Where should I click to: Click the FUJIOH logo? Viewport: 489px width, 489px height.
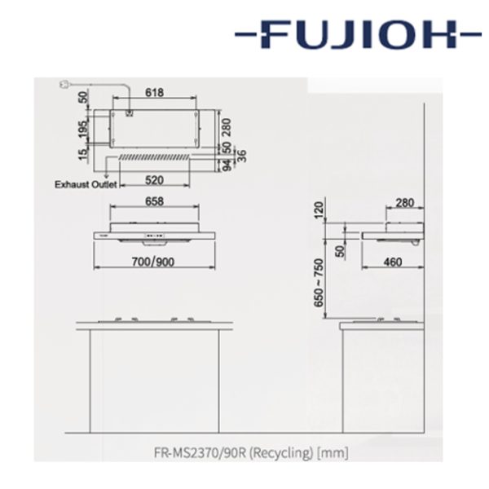[358, 34]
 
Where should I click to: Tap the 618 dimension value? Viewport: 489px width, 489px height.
[154, 92]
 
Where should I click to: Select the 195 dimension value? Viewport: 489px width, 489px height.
[83, 129]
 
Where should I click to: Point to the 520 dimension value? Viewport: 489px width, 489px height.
[154, 180]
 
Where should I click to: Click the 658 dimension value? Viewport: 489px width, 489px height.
[154, 201]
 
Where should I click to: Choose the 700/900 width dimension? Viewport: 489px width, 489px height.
[153, 262]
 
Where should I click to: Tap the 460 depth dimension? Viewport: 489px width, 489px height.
[393, 262]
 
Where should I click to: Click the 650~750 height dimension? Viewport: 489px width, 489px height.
[319, 283]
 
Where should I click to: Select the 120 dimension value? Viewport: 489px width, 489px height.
[319, 210]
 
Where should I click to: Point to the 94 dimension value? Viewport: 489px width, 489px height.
[228, 165]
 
